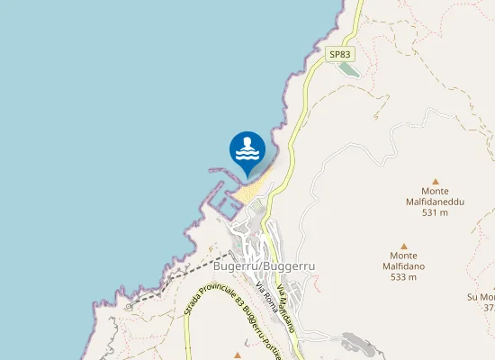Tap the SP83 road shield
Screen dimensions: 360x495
pos(340,55)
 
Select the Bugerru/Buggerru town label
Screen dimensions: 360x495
pos(251,267)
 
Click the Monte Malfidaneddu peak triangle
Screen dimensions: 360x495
pos(435,181)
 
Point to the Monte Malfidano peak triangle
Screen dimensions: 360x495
pos(403,245)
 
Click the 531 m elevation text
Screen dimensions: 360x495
pos(435,213)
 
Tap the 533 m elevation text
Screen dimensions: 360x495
pos(403,277)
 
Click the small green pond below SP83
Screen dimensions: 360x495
pos(348,70)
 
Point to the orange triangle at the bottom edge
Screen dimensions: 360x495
pos(238,355)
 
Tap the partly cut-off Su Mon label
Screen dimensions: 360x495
pos(481,297)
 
